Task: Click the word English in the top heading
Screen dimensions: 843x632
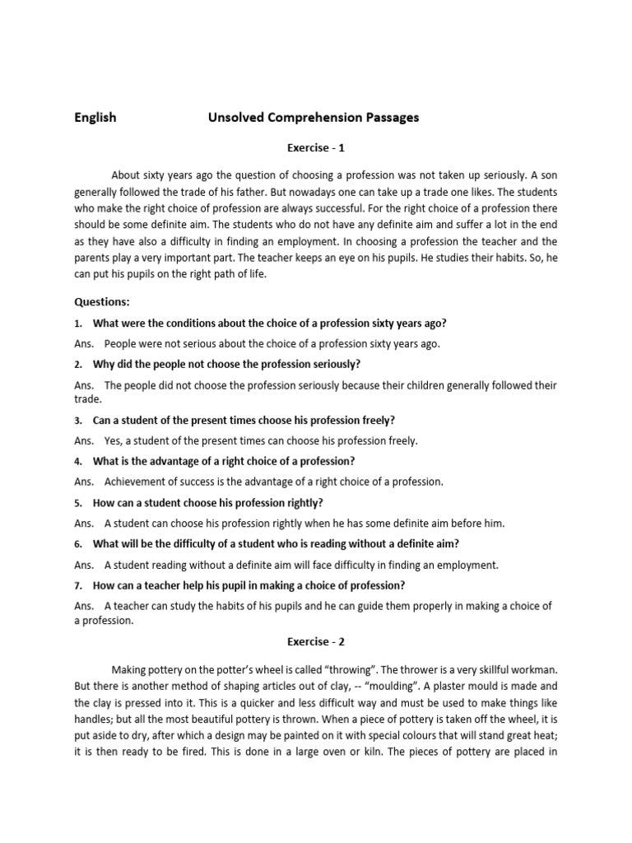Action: click(x=95, y=117)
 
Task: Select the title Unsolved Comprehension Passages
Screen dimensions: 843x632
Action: click(x=314, y=117)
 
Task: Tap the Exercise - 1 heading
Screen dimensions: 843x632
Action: click(x=315, y=148)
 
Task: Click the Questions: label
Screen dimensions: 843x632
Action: click(x=102, y=301)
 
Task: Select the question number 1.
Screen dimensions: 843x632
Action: click(x=78, y=323)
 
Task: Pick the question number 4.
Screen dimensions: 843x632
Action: click(x=78, y=461)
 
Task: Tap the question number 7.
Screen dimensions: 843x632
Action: click(x=78, y=585)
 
